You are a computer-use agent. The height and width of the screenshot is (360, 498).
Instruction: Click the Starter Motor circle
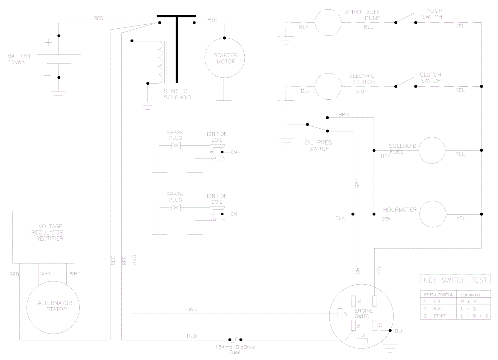(224, 58)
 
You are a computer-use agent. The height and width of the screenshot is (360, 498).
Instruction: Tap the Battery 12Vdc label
(19, 59)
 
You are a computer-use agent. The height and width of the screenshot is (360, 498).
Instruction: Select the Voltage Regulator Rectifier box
(44, 237)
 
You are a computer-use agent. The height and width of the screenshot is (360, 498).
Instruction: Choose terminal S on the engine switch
(340, 314)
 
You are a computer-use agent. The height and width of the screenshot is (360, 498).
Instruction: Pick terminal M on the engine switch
(353, 301)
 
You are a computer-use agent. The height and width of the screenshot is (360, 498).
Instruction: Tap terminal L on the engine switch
(375, 301)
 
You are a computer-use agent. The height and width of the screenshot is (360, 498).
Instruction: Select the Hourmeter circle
(433, 214)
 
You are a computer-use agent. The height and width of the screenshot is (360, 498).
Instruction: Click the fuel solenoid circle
(432, 150)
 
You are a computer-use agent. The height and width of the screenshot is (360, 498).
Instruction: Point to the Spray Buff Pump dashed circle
(328, 22)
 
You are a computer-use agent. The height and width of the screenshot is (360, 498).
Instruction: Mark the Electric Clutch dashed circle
(328, 86)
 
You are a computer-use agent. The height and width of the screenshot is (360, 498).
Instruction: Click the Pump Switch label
(433, 14)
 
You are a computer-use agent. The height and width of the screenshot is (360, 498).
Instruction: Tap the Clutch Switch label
(431, 78)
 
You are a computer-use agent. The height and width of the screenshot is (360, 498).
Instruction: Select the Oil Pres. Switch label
(319, 145)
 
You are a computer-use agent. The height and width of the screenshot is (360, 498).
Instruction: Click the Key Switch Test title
(455, 280)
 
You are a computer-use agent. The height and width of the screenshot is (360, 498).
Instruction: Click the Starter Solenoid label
(177, 94)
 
